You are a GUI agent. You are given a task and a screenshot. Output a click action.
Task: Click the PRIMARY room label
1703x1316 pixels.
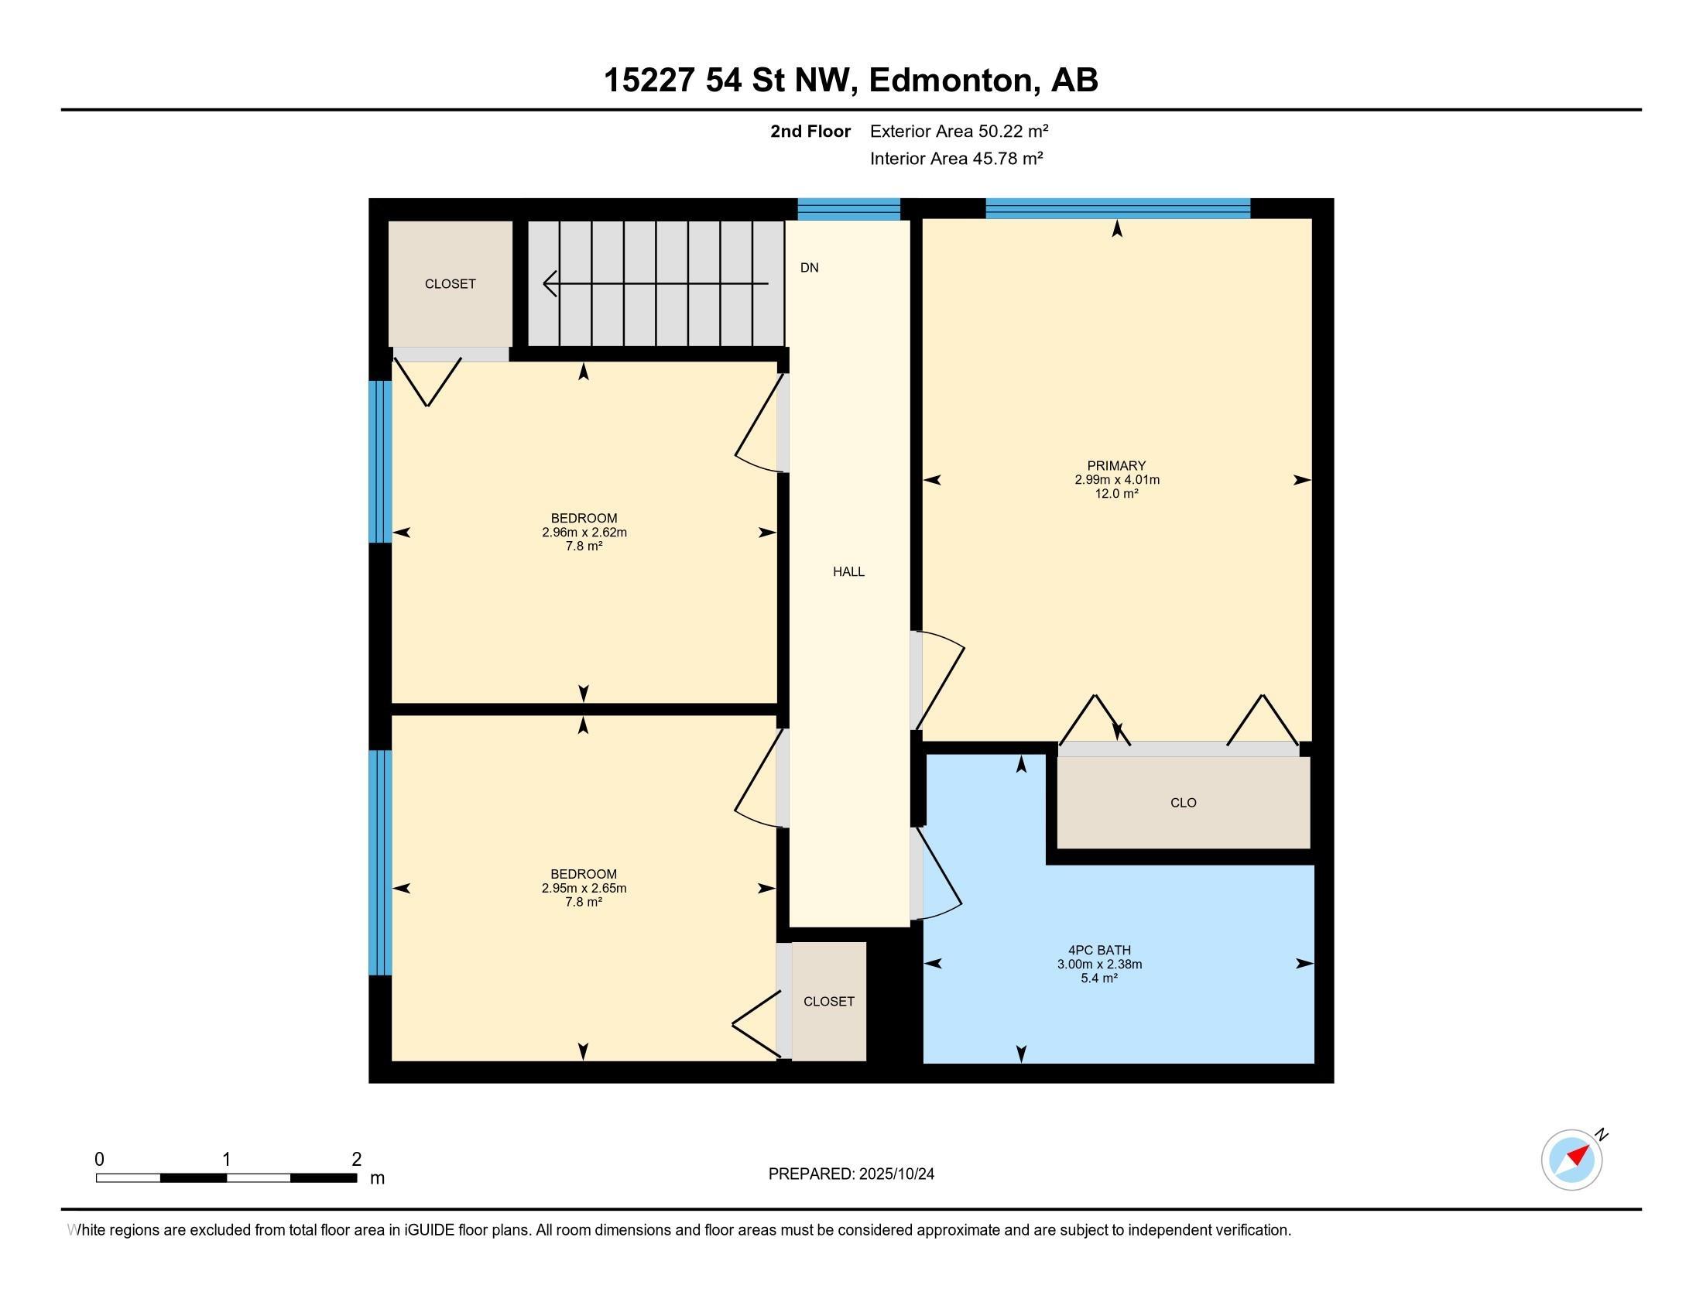pos(1115,465)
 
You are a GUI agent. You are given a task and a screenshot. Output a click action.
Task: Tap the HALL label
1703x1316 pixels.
pos(848,571)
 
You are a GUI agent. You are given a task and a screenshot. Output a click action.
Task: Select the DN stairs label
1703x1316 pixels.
pos(810,267)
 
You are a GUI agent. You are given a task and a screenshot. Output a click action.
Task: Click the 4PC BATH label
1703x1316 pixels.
pos(1098,950)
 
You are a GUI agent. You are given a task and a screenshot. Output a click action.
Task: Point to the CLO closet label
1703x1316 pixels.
pos(1183,802)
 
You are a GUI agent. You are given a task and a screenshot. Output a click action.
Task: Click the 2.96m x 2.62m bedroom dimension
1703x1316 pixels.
pos(584,533)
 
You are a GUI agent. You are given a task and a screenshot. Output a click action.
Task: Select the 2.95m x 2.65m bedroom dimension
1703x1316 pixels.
pos(584,888)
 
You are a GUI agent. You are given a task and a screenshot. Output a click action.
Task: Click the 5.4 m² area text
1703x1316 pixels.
pos(1098,978)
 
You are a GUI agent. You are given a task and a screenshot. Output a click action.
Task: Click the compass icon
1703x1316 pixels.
pos(1572,1160)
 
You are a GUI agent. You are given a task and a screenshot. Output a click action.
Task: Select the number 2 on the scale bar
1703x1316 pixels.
pos(356,1160)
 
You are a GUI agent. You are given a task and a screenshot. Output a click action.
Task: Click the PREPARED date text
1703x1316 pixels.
pos(851,1174)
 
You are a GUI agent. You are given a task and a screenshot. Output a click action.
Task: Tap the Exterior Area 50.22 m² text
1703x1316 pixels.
pos(958,131)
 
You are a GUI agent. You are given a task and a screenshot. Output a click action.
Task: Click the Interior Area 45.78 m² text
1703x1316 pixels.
pos(956,158)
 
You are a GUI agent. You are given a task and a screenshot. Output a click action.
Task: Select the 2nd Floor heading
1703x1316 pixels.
pos(810,131)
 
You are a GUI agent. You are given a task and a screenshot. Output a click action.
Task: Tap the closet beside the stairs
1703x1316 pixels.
pos(450,284)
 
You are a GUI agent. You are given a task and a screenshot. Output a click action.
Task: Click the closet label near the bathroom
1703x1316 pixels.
pos(828,1001)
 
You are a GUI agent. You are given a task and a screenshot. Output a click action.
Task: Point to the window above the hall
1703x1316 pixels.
pos(848,208)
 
